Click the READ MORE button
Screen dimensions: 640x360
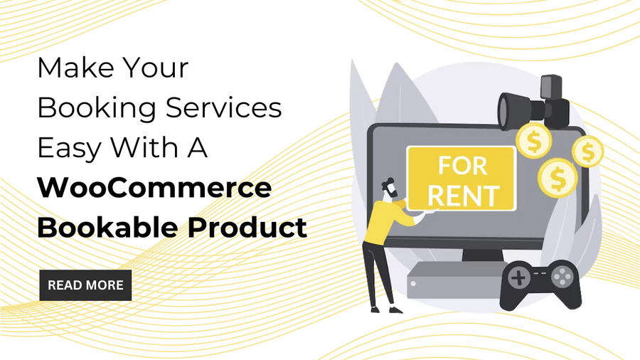pyautogui.click(x=85, y=285)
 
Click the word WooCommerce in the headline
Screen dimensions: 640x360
pyautogui.click(x=155, y=187)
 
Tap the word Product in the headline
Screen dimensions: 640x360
pyautogui.click(x=247, y=227)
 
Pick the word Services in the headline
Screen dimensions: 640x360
pyautogui.click(x=224, y=107)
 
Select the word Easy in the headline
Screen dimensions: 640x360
pyautogui.click(x=69, y=149)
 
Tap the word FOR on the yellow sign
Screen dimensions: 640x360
pyautogui.click(x=463, y=166)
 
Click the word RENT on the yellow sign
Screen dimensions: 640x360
pyautogui.click(x=463, y=196)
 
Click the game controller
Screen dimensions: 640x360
pyautogui.click(x=540, y=284)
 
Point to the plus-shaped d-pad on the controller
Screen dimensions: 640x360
pyautogui.click(x=518, y=278)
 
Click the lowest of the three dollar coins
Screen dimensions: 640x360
pyautogui.click(x=558, y=178)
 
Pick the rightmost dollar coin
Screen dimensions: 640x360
pyautogui.click(x=588, y=152)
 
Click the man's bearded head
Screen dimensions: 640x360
pyautogui.click(x=390, y=189)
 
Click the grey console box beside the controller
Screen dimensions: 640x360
pyautogui.click(x=454, y=280)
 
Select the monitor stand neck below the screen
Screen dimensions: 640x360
pyautogui.click(x=482, y=255)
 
